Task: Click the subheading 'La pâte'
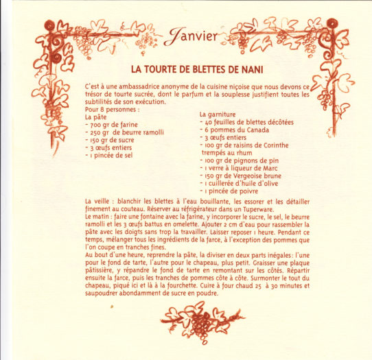[x=95, y=116]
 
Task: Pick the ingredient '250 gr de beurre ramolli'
[x=124, y=132]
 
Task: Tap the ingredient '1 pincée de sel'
[x=112, y=155]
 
